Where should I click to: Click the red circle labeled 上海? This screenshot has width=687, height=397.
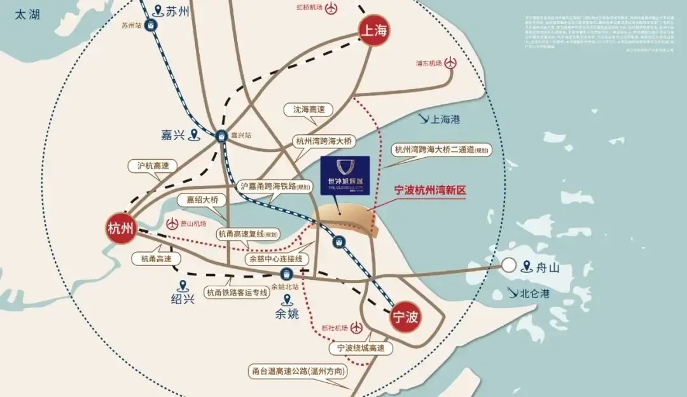pos(375,30)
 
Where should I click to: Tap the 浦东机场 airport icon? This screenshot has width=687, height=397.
pos(451,63)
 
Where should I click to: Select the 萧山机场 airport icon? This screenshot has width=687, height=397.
pos(171,224)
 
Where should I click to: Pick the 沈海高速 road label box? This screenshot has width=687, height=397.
pos(309,110)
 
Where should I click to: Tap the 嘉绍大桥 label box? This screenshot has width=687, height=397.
pos(202,200)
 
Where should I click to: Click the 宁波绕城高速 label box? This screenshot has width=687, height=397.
pos(361,349)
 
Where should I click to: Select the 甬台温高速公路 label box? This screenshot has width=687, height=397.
pos(298,372)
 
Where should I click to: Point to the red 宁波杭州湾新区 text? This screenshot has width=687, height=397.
pos(431,190)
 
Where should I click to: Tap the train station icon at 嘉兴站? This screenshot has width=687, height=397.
pos(221,136)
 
